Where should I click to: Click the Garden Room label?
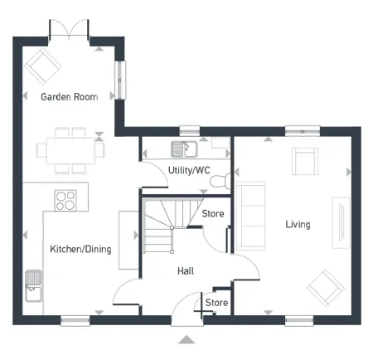[x=70, y=97]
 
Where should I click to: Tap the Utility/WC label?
[x=190, y=170]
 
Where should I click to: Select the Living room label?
[x=298, y=225]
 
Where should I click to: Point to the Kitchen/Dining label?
[x=80, y=249]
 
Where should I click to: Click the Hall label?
[x=186, y=270]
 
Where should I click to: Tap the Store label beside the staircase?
[x=213, y=214]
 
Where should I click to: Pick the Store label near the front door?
[x=216, y=303]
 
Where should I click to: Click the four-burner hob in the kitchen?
[x=65, y=200]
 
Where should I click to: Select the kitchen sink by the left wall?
[x=34, y=285]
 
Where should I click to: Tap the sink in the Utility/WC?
[x=182, y=149]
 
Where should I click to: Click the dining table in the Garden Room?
[x=71, y=149]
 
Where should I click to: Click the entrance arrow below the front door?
[x=187, y=338]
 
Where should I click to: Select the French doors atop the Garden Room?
[x=70, y=31]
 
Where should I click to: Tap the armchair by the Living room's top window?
[x=304, y=160]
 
